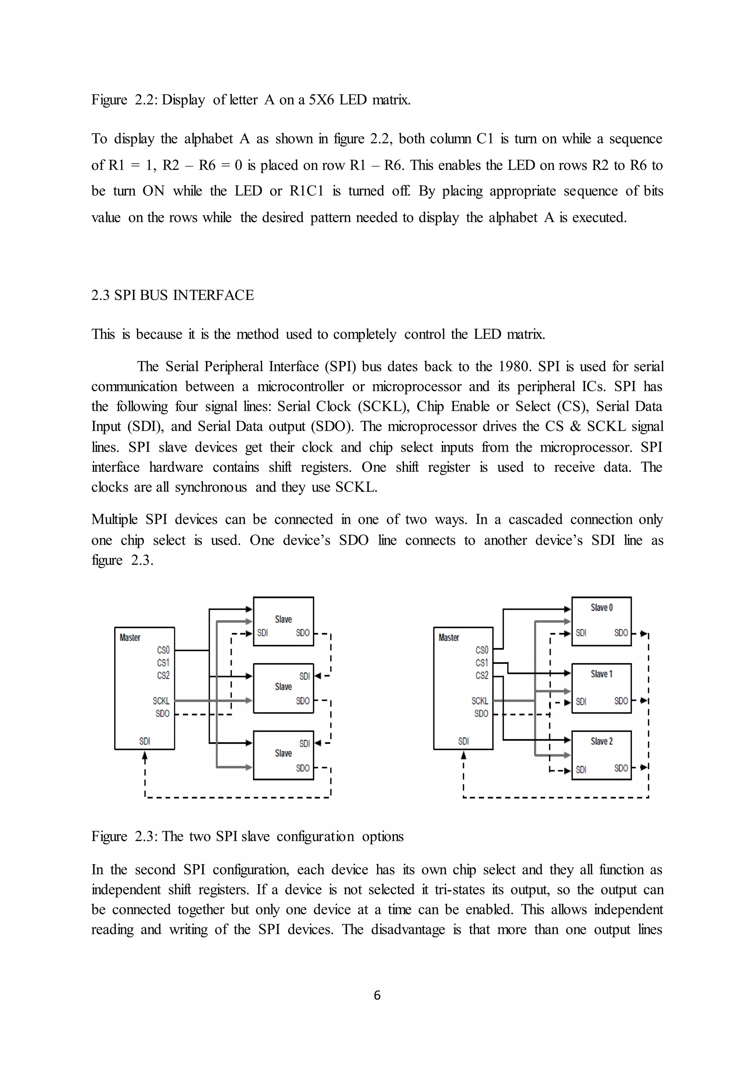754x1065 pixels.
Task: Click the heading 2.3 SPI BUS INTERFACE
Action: (172, 295)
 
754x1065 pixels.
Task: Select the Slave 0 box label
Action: (601, 608)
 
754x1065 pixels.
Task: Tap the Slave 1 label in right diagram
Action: (601, 674)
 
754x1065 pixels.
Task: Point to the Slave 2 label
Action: (601, 741)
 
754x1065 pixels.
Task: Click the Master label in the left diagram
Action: (130, 638)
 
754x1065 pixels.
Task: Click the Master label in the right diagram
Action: (448, 638)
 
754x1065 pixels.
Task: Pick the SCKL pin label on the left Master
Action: (161, 701)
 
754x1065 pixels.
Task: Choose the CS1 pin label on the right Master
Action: (482, 663)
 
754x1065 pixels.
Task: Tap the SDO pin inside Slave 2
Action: (621, 768)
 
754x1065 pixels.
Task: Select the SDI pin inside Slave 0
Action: (581, 633)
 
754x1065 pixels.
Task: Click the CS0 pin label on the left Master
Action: (163, 650)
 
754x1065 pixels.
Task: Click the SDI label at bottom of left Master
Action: (144, 741)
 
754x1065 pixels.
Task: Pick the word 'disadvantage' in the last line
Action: (408, 930)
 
